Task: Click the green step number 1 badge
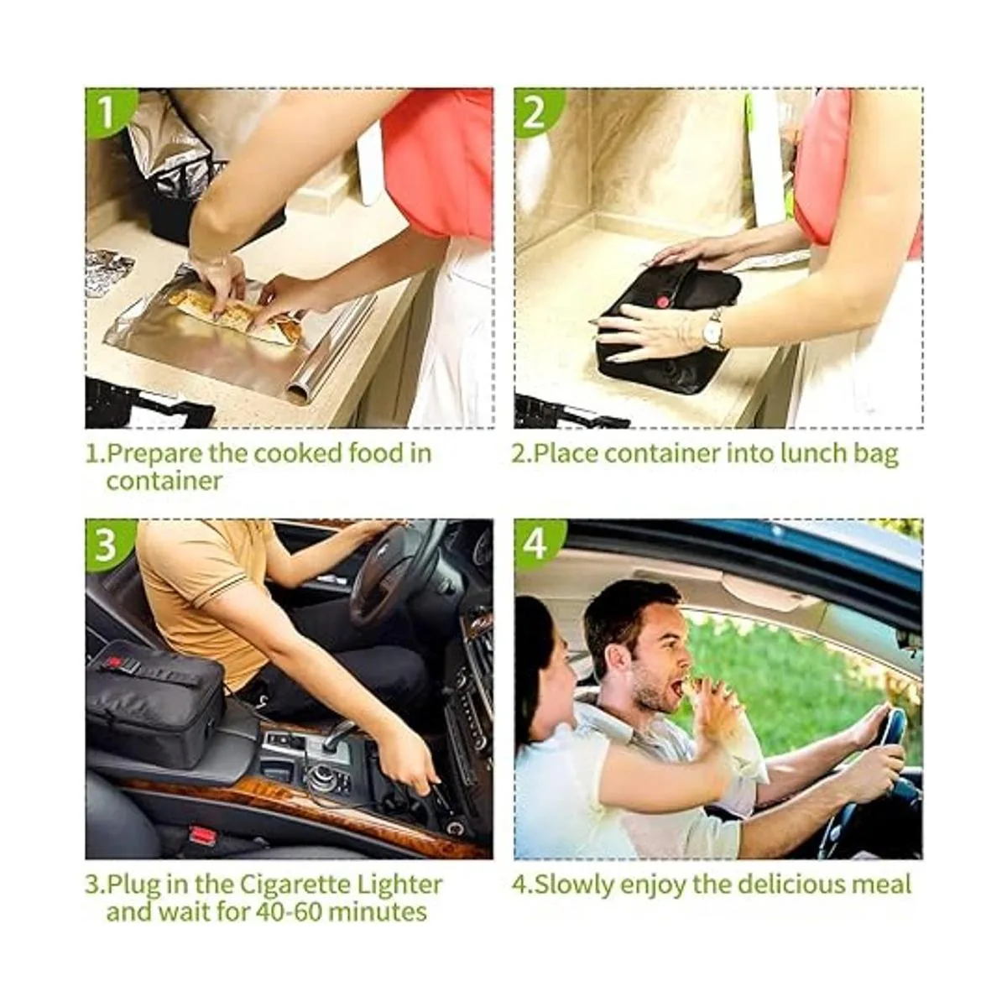pos(107,111)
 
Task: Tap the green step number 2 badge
pos(535,111)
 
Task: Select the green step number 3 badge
pos(107,544)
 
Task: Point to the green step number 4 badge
pos(535,544)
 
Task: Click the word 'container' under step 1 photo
pos(164,481)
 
